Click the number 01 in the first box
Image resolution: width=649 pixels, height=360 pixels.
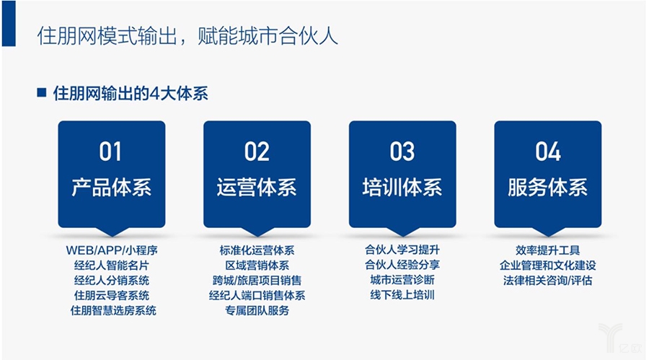pos(111,152)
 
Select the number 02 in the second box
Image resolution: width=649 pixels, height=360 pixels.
pos(257,152)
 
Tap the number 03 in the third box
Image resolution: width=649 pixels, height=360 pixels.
pos(402,152)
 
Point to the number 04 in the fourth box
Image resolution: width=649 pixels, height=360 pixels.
pos(548,152)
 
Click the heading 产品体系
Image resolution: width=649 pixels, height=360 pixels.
pos(111,188)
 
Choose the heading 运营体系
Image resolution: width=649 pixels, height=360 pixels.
pos(257,188)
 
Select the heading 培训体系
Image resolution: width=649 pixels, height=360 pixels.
pos(402,188)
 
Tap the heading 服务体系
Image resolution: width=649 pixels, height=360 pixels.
pos(548,188)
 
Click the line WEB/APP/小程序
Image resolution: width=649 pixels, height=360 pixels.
pos(112,250)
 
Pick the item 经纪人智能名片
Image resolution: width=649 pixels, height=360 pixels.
pos(112,265)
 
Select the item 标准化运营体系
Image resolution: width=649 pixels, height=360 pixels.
pos(257,250)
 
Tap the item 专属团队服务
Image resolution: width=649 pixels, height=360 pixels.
pos(257,311)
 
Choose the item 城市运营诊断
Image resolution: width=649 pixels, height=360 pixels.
pos(402,280)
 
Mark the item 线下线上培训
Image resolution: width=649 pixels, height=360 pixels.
pos(402,295)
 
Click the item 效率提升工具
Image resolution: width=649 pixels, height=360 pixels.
pos(548,250)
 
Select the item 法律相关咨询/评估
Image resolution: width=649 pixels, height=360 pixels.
pos(548,280)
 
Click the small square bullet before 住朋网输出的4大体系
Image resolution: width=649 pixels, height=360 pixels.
pos(41,93)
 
